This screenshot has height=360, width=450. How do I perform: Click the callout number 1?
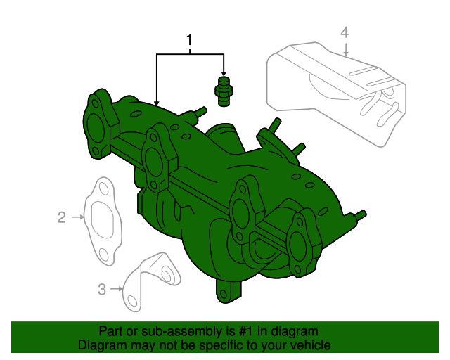coord(189,41)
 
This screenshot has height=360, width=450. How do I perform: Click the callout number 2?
coord(62,217)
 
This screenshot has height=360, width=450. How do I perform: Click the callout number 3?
coord(102,288)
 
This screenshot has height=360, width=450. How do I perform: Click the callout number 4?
coord(345,32)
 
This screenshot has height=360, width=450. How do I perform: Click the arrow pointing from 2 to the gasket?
coord(78,217)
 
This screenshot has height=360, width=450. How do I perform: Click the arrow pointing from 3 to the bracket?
coord(117,288)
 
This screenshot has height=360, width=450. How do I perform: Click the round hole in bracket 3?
coord(169,273)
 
